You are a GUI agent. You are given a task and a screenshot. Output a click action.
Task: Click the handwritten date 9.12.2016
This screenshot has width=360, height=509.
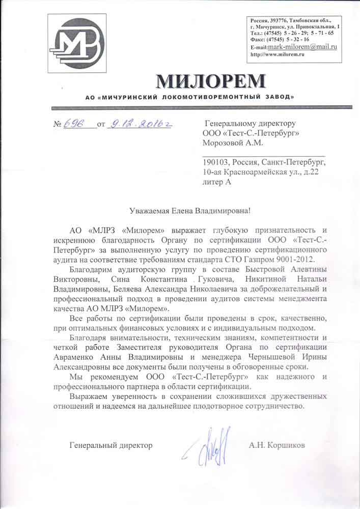click(x=138, y=123)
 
